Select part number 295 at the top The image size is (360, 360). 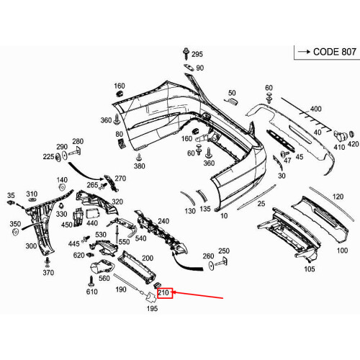pyautogui.click(x=197, y=54)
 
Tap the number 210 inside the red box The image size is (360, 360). pyautogui.click(x=163, y=293)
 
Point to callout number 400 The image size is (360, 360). pyautogui.click(x=315, y=109)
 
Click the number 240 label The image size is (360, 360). pyautogui.click(x=163, y=221)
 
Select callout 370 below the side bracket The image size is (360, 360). pyautogui.click(x=48, y=273)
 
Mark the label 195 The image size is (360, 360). pyautogui.click(x=152, y=309)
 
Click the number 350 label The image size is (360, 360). pyautogui.click(x=15, y=225)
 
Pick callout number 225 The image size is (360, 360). pyautogui.click(x=48, y=156)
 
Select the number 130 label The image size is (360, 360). pyautogui.click(x=189, y=211)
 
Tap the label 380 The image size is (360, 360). pyautogui.click(x=139, y=166)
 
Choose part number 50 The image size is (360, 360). pyautogui.click(x=232, y=93)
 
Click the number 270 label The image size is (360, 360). pyautogui.click(x=120, y=179)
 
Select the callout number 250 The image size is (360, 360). pyautogui.click(x=224, y=251)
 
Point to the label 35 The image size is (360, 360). pyautogui.click(x=11, y=195)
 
